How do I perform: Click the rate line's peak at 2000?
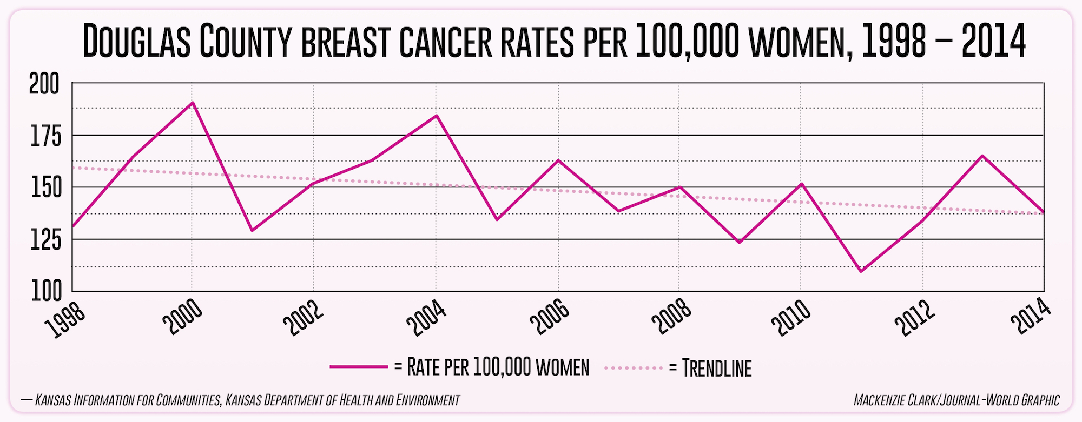click(193, 103)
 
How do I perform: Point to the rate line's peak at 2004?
click(437, 116)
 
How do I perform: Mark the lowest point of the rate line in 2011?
click(861, 271)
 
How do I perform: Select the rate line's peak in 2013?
click(982, 156)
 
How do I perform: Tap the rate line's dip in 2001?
click(252, 231)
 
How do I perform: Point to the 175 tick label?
click(45, 137)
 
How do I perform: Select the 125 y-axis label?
click(44, 241)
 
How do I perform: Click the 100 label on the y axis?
click(45, 292)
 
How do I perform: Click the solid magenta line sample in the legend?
click(359, 367)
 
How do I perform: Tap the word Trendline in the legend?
click(717, 368)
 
